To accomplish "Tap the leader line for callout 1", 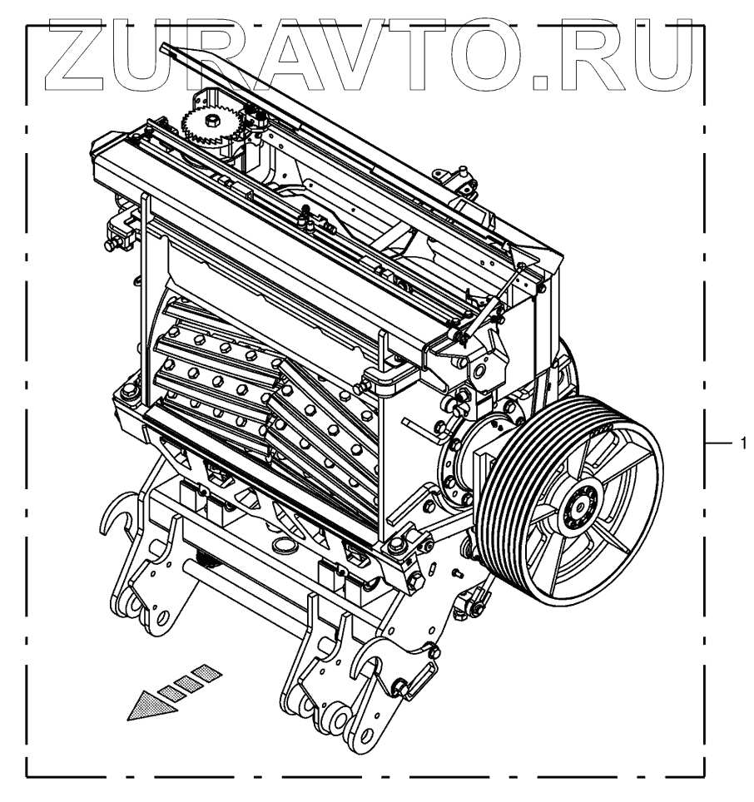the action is [718, 443].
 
